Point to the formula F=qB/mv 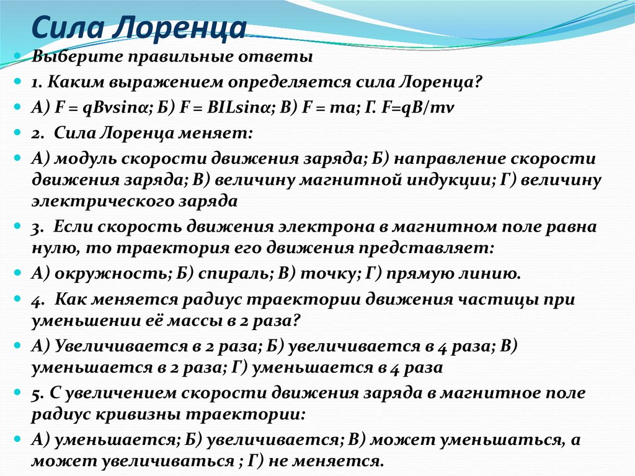(x=428, y=107)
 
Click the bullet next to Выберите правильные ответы (x=18, y=57)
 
